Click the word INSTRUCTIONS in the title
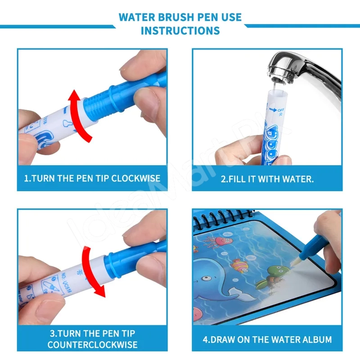click(x=180, y=31)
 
